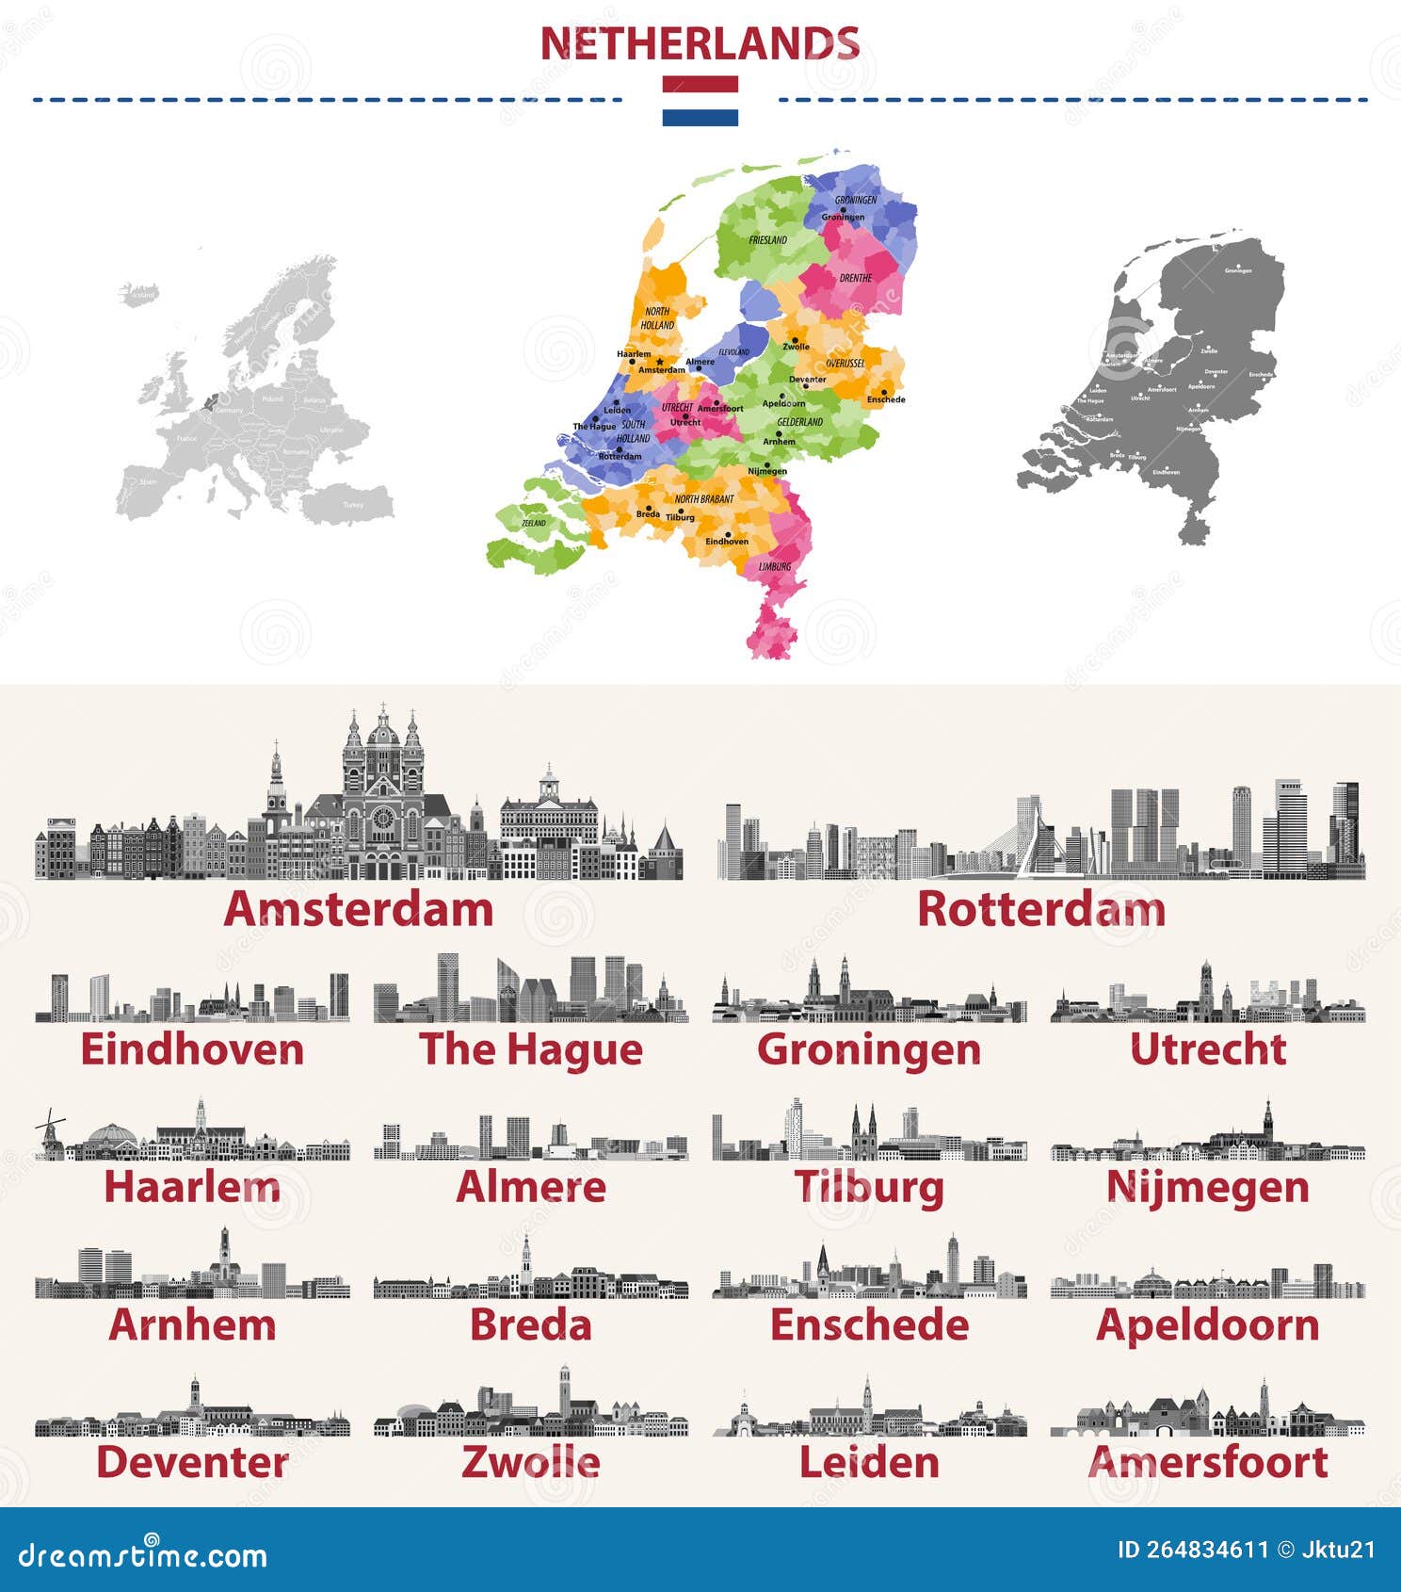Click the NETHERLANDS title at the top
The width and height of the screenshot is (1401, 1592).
pos(700,44)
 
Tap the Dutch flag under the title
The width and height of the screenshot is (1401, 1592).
pos(700,101)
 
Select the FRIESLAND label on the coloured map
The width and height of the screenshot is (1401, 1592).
pos(767,240)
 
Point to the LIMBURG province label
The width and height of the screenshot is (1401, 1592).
pos(775,566)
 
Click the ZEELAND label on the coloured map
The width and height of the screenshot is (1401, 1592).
pos(534,523)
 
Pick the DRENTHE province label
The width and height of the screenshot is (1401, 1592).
pos(855,278)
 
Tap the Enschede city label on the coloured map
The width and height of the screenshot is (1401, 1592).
pos(886,399)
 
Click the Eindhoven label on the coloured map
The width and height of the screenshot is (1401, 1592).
pos(727,542)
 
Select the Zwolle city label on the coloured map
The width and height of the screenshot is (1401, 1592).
pos(796,347)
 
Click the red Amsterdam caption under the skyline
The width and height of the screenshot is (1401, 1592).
pos(359,910)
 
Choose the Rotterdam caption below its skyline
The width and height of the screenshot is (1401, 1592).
pos(1041,910)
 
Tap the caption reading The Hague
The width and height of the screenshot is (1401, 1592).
pos(531,1049)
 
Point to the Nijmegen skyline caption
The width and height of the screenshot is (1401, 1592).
pos(1208,1187)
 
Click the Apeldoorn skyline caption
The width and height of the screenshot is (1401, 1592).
pos(1208,1325)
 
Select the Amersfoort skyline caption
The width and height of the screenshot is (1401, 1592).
pos(1208,1463)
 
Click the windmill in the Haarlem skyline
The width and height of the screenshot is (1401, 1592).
pos(49,1132)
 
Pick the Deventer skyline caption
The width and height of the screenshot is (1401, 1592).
pos(192,1463)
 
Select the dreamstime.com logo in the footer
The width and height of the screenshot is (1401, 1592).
pos(143,1555)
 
